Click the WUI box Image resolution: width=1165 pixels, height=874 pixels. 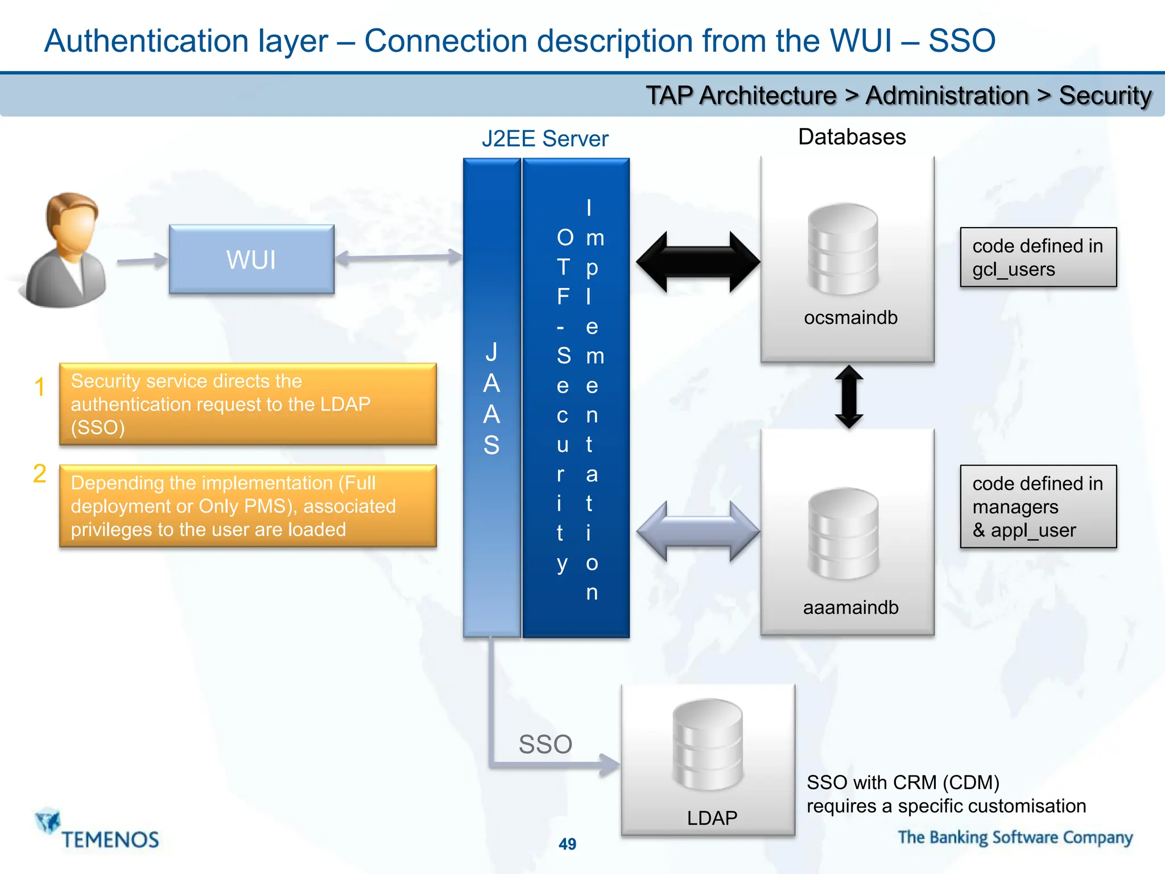(x=251, y=259)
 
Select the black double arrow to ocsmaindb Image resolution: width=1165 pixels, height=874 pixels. (x=698, y=262)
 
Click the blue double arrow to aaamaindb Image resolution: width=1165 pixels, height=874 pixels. (x=698, y=531)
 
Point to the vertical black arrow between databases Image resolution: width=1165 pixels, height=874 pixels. (x=849, y=397)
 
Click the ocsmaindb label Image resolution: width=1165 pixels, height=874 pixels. (x=850, y=318)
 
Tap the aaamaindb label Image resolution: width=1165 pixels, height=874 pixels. (x=850, y=608)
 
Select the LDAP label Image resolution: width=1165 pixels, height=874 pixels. (x=712, y=818)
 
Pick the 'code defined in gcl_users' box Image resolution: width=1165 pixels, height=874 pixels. (x=1038, y=257)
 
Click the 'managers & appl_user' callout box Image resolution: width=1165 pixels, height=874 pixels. (x=1038, y=506)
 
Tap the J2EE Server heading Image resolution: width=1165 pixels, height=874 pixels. (x=544, y=139)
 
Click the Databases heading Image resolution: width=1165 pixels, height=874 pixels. (x=852, y=137)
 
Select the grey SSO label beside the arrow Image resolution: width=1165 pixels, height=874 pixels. (x=545, y=744)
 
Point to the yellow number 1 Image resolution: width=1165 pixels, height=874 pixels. (x=39, y=387)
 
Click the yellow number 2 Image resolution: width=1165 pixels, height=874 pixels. (x=39, y=474)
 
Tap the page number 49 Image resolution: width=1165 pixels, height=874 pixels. (x=567, y=844)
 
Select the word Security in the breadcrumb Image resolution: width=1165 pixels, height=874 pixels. (x=1105, y=96)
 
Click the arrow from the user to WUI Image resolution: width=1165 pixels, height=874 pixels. (x=142, y=261)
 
